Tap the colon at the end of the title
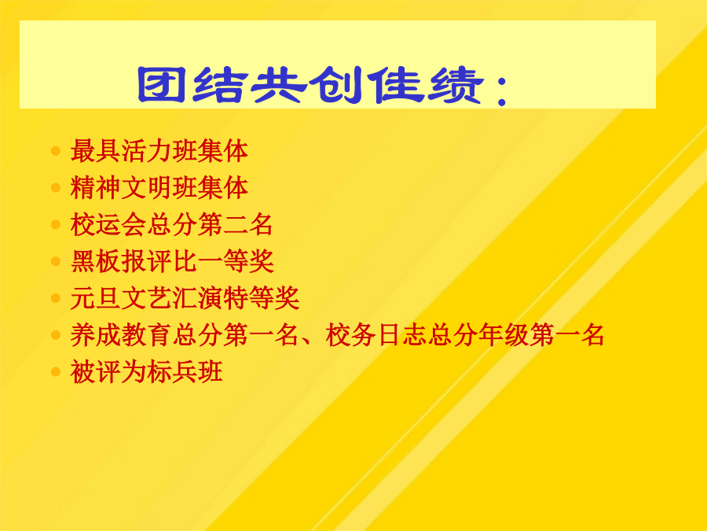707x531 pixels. point(501,90)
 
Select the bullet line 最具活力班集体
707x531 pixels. point(159,151)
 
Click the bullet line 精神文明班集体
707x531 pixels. point(159,188)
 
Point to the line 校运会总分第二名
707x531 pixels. point(172,225)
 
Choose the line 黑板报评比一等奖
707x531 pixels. point(172,261)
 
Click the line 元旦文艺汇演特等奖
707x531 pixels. point(185,298)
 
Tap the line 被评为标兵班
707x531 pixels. point(147,372)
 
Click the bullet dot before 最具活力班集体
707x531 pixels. point(56,151)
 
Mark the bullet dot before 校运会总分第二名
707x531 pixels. point(56,224)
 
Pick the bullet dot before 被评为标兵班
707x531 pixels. point(56,372)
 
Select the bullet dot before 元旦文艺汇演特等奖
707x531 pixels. point(56,298)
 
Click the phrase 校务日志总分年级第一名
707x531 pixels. point(465,335)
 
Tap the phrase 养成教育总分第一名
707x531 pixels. point(185,335)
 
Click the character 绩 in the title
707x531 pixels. point(456,85)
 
